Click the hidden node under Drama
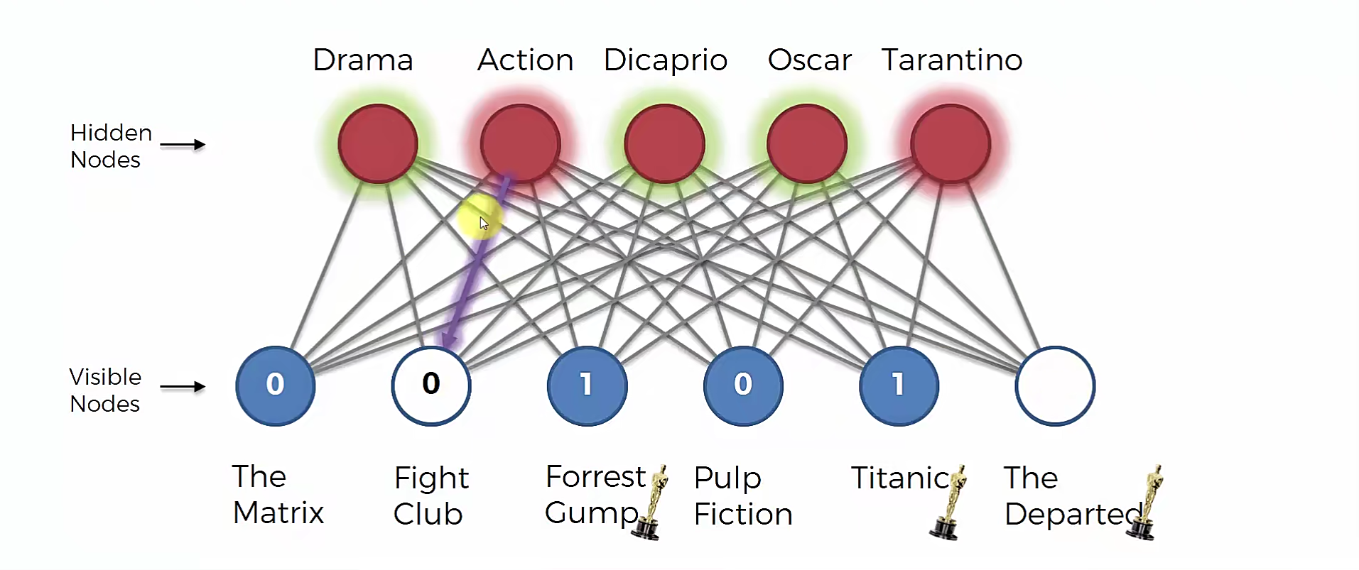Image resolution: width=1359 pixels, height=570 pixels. tap(378, 143)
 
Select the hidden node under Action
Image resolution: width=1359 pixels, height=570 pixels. tap(521, 143)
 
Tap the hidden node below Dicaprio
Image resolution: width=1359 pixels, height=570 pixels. tap(664, 143)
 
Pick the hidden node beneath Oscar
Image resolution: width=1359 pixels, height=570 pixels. tap(807, 143)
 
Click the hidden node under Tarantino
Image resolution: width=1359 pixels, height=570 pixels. tap(951, 143)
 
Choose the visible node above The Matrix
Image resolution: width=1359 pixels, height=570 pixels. tap(275, 385)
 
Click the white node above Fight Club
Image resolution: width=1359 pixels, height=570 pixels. tap(431, 385)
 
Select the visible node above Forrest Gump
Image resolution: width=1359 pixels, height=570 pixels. tap(587, 385)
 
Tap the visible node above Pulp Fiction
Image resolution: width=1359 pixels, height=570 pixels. tap(743, 385)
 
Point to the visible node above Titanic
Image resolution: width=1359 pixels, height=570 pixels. tap(899, 385)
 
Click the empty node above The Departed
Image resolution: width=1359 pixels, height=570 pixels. tap(1055, 385)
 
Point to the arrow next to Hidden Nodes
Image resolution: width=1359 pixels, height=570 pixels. tap(183, 145)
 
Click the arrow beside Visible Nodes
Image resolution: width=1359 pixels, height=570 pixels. tap(183, 387)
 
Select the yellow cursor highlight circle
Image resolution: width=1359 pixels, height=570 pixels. tap(480, 219)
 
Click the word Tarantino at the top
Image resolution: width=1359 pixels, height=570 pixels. tap(951, 60)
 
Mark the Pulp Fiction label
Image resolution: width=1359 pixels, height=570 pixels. tap(742, 495)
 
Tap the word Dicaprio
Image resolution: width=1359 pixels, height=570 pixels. tap(665, 60)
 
